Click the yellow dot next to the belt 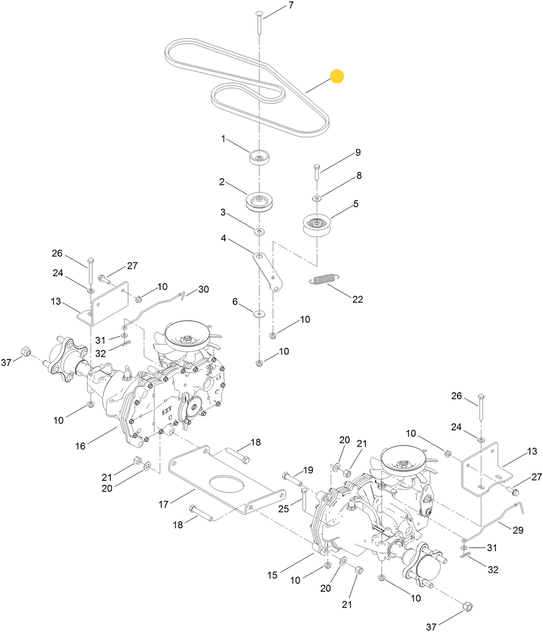pyautogui.click(x=337, y=76)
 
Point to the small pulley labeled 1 pyautogui.click(x=259, y=157)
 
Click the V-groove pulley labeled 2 pyautogui.click(x=259, y=200)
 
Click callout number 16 pyautogui.click(x=80, y=446)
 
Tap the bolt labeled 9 pyautogui.click(x=317, y=172)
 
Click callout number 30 pyautogui.click(x=204, y=289)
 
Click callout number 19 pyautogui.click(x=308, y=470)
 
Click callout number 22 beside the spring pyautogui.click(x=357, y=299)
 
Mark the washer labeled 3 pyautogui.click(x=259, y=232)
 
